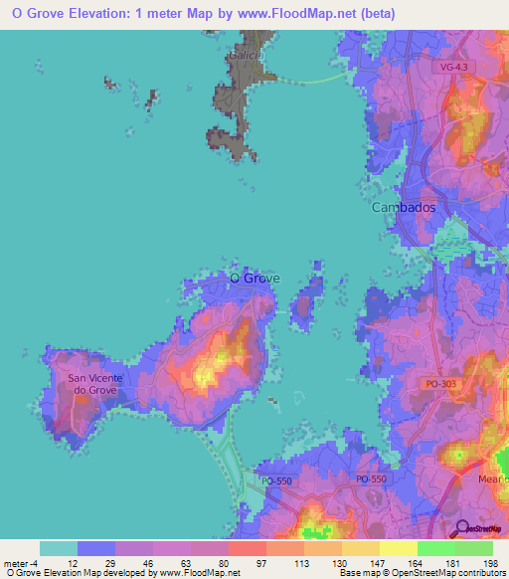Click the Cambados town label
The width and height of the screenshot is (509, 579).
[x=404, y=208]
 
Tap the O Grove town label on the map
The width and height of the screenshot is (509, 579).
[x=254, y=279]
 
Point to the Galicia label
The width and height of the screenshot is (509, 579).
[x=245, y=56]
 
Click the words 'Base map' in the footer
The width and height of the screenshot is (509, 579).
[x=357, y=572]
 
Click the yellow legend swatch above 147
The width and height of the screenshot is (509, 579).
[x=359, y=548]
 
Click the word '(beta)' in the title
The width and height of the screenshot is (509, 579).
[x=374, y=14]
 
